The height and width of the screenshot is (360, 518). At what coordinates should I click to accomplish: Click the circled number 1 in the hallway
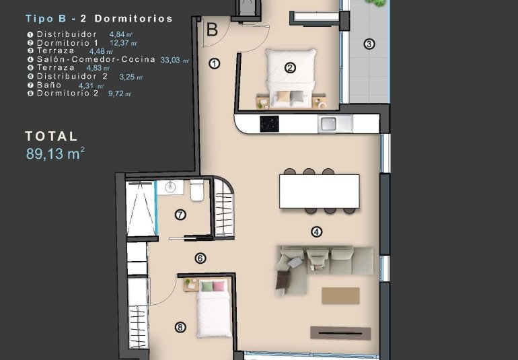coord(215,64)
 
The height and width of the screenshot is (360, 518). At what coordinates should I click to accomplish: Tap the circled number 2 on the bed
coord(290,67)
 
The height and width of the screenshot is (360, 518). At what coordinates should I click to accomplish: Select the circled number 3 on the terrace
coord(369,45)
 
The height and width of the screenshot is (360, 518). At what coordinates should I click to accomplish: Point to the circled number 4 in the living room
coord(316,232)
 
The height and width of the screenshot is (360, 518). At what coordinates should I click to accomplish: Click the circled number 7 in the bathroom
coord(180,215)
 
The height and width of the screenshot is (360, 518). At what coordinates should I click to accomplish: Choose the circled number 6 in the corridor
coord(200,258)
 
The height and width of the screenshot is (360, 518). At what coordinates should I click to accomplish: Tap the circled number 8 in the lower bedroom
coord(180,328)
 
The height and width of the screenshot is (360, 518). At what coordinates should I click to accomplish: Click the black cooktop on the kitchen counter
coord(270,123)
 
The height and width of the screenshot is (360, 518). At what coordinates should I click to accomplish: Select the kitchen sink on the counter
coord(328,123)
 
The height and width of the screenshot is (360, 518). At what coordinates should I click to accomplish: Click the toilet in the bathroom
coord(197,190)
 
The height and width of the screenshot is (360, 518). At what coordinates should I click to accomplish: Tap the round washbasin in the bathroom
coord(170,188)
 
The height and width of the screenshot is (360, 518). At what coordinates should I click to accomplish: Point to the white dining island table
coord(314,191)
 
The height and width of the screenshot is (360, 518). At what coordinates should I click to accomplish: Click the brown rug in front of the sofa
coord(340,295)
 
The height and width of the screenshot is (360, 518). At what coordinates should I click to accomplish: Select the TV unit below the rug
coord(340,332)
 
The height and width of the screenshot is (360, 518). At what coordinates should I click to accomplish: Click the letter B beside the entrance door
coord(212,30)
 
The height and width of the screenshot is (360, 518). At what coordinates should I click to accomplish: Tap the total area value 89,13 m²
coord(55,154)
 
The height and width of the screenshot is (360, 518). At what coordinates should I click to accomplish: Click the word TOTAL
coord(52,136)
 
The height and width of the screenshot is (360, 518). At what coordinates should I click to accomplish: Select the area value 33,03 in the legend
coord(172,60)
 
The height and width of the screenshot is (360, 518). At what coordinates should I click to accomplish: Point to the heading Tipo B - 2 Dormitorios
coord(99,19)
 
